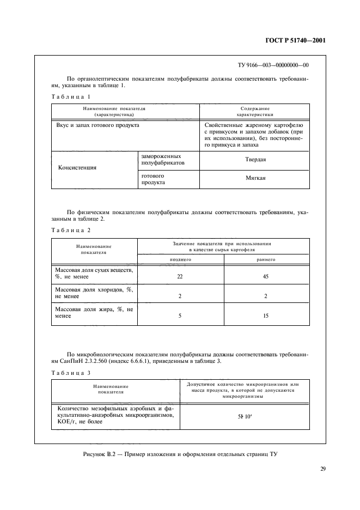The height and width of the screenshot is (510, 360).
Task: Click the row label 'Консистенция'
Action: point(77,168)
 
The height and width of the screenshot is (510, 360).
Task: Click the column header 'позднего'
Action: point(180,260)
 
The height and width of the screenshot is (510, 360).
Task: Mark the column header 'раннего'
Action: point(266,260)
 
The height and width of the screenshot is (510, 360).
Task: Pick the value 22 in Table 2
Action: point(180,277)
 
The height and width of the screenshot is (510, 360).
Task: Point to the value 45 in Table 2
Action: point(266,277)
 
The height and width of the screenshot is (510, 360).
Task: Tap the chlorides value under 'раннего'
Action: point(266,296)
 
